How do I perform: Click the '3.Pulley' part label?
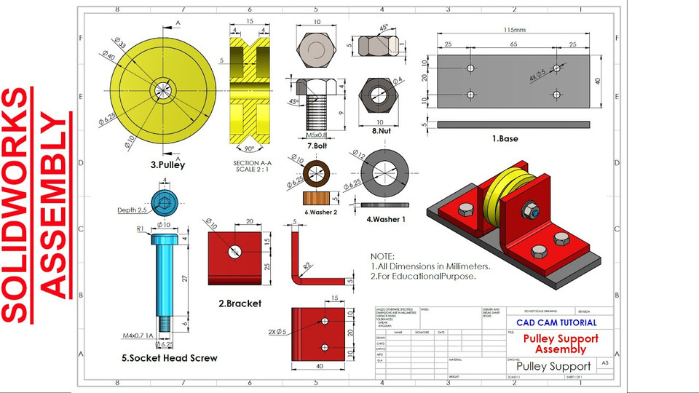[167, 164]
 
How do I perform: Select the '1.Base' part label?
[504, 138]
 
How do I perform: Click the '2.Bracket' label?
[240, 303]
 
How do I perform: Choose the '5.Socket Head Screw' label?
[169, 358]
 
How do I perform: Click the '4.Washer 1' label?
[386, 218]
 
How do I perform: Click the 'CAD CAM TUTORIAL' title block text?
[556, 322]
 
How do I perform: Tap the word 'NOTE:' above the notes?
[382, 257]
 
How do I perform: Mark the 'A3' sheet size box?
[604, 362]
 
